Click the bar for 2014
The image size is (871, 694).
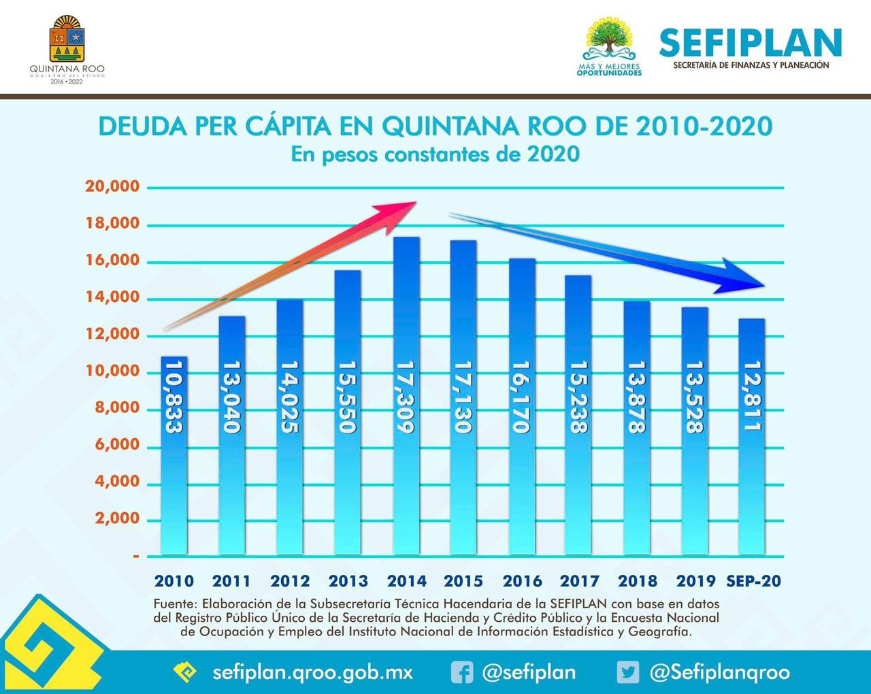tap(406, 395)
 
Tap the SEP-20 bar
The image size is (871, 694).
tap(752, 435)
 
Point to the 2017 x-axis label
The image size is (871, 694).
tap(580, 581)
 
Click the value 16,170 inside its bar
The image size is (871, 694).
tap(522, 397)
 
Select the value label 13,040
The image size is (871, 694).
tap(232, 397)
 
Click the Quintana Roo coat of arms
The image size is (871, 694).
tap(67, 39)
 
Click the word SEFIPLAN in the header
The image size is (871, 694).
tap(750, 43)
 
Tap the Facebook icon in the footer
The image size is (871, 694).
tap(462, 673)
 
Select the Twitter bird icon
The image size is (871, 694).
tap(628, 673)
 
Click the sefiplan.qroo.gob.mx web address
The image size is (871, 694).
tap(312, 673)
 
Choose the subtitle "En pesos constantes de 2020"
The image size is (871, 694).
tap(435, 154)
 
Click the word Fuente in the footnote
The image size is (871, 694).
tap(174, 604)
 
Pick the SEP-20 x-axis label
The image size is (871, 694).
tap(753, 581)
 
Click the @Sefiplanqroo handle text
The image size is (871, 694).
tap(719, 673)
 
